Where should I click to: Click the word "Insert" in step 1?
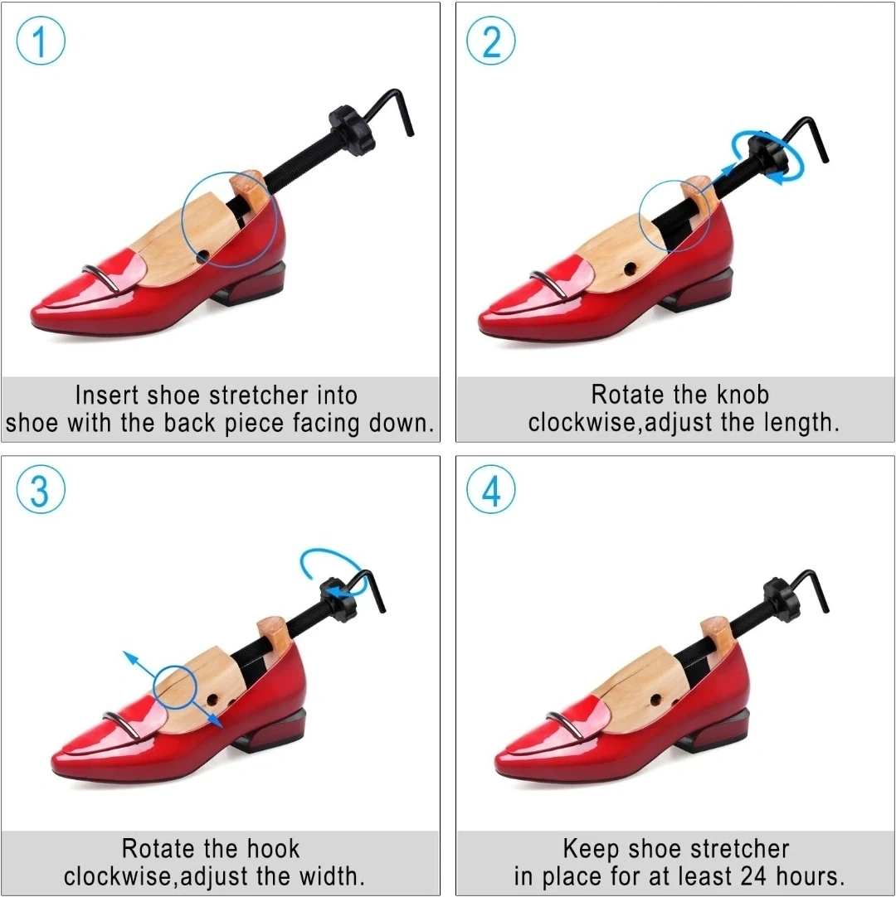[107, 395]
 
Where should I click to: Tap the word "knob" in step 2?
[743, 395]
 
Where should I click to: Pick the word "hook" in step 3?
[273, 848]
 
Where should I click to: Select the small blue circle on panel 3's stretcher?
[175, 667]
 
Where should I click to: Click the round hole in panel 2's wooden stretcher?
[630, 269]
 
